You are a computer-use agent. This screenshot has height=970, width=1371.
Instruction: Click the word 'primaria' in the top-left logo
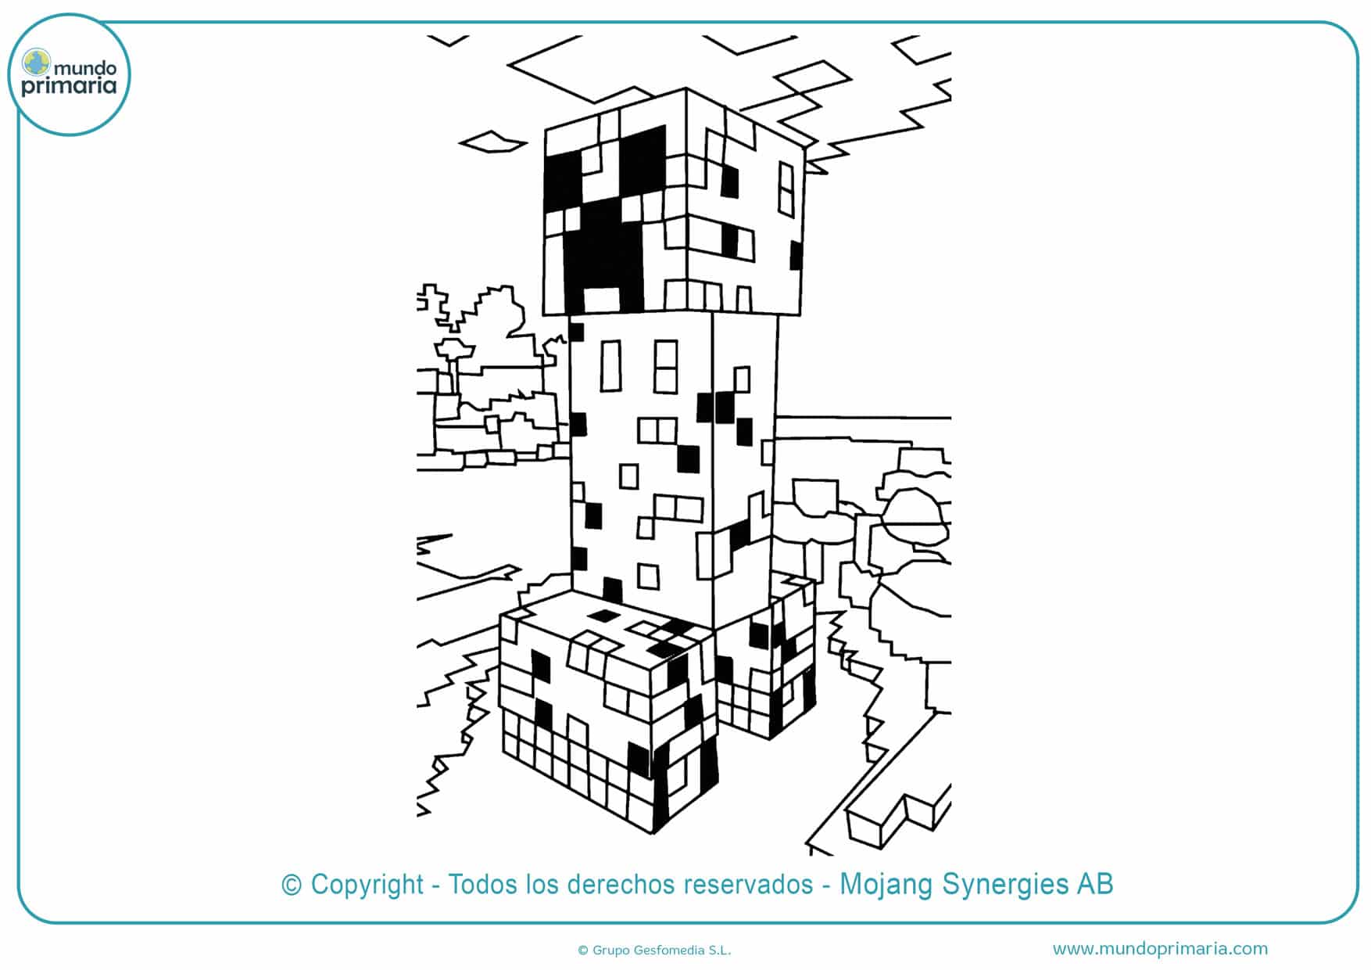click(69, 87)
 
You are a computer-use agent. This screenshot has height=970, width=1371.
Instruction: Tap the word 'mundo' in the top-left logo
click(85, 68)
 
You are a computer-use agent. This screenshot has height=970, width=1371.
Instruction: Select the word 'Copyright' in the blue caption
click(367, 885)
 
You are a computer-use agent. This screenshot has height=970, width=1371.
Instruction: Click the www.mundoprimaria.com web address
click(1160, 949)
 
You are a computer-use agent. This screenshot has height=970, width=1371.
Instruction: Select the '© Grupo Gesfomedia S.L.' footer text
click(654, 950)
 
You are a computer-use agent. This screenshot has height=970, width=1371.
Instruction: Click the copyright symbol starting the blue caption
click(292, 885)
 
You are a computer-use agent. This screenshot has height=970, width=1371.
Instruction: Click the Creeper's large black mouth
click(603, 250)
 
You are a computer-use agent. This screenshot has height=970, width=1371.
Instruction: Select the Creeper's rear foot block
click(766, 657)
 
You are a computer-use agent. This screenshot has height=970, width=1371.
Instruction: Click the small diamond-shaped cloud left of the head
click(492, 142)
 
